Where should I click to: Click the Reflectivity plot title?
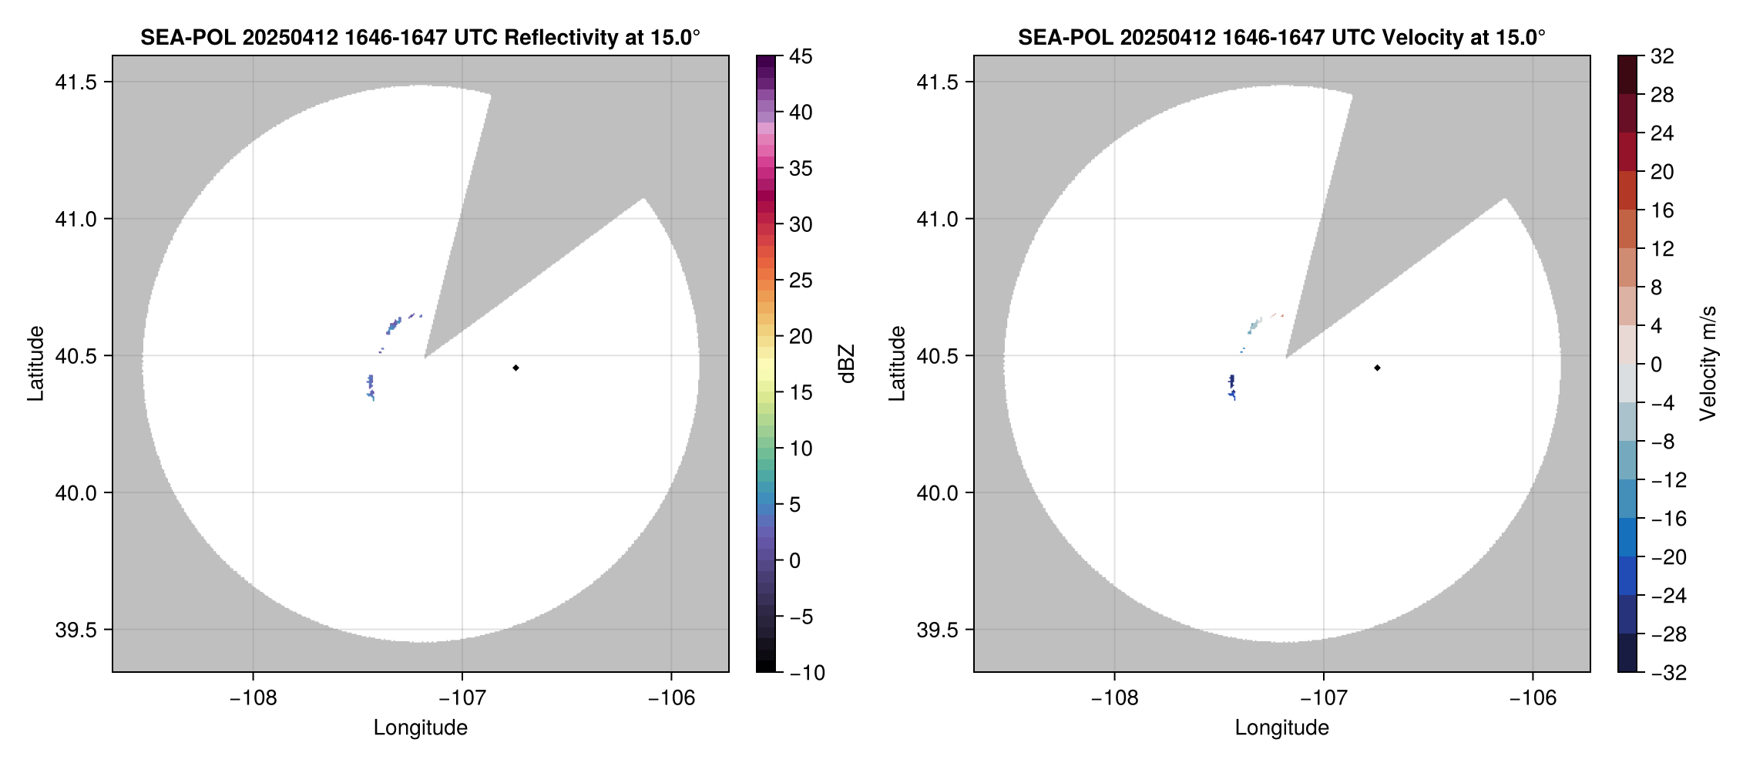coord(420,37)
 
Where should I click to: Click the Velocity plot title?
coord(1281,37)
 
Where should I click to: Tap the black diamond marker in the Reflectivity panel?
coord(516,368)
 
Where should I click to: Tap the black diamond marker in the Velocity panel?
coord(1377,368)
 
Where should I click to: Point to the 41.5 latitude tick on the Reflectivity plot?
coord(76,82)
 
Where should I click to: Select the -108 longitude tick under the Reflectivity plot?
coord(253,698)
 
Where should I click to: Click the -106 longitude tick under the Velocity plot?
coord(1532,698)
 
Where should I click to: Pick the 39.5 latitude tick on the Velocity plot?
coord(937,630)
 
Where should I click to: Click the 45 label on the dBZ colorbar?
coord(801,56)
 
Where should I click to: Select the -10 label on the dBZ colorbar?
coord(807,673)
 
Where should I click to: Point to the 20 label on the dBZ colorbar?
coord(801,336)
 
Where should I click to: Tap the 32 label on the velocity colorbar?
coord(1662,56)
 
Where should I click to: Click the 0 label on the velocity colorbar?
coord(1656,365)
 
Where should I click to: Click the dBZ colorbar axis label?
coord(847,364)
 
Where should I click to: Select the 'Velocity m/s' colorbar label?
coord(1708,364)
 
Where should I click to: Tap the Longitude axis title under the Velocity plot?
coord(1281,728)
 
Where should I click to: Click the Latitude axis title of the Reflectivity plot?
coord(35,364)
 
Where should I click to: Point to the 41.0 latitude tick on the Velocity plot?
coord(937,219)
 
